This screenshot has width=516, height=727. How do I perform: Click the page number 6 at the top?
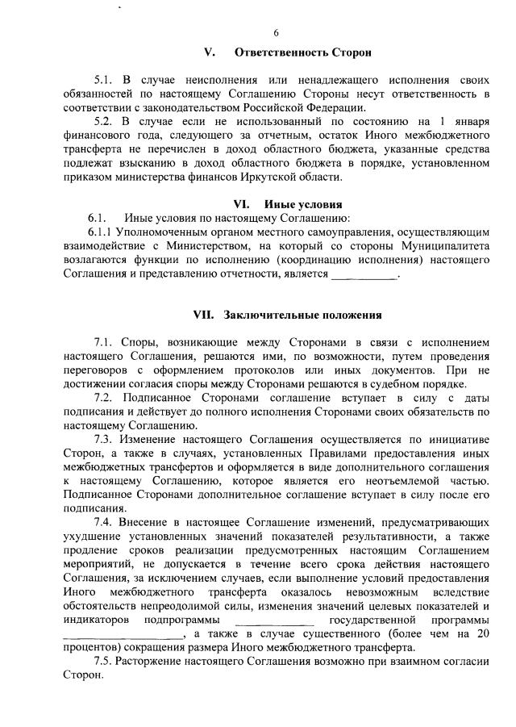(276, 33)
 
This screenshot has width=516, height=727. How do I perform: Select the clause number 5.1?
(106, 81)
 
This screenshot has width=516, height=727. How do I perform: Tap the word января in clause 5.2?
(467, 122)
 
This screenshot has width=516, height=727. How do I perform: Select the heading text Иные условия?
(310, 204)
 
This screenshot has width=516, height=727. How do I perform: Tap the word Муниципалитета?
(448, 246)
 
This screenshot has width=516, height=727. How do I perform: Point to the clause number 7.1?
(106, 342)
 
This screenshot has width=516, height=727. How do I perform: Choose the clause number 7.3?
(106, 439)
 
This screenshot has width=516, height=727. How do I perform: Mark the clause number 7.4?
(106, 521)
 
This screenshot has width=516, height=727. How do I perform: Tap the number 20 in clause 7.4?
(483, 633)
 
